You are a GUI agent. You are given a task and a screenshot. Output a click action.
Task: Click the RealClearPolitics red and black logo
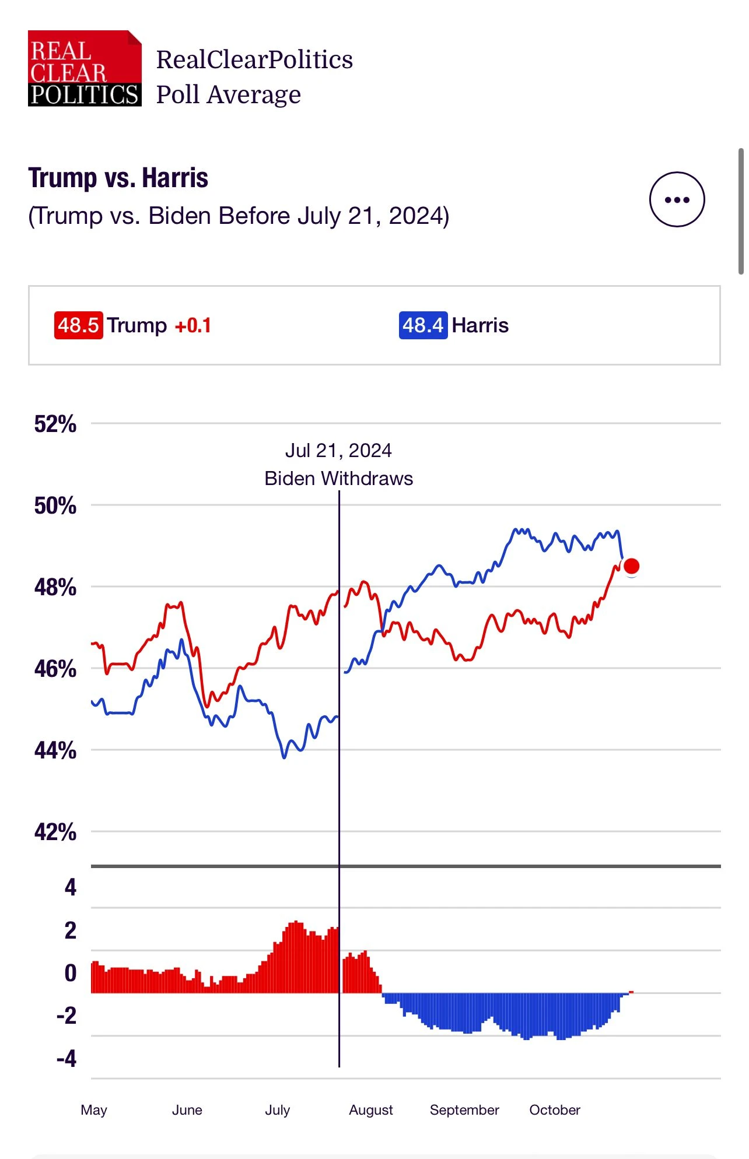click(85, 68)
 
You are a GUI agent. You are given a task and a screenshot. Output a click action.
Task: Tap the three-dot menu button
click(677, 199)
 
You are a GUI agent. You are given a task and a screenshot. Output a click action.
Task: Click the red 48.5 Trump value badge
click(78, 325)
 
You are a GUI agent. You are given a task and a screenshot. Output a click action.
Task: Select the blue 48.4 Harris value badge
click(423, 325)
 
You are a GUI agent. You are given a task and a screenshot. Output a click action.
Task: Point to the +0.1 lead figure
click(193, 325)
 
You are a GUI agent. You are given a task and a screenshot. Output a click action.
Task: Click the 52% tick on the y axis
click(55, 424)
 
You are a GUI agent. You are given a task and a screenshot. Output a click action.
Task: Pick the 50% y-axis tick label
click(55, 505)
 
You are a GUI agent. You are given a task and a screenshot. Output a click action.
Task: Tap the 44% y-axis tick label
click(55, 750)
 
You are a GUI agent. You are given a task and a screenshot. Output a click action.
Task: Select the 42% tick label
click(55, 832)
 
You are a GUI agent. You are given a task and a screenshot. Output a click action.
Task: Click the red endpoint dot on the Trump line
click(631, 566)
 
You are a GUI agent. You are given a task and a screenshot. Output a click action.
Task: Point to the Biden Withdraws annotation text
click(338, 479)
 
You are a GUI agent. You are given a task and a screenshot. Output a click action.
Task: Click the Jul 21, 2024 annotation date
click(338, 451)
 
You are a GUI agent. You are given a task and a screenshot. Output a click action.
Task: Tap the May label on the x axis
click(94, 1110)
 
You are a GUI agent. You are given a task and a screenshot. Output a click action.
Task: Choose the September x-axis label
click(464, 1110)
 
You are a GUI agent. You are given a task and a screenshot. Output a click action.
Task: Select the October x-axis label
click(555, 1110)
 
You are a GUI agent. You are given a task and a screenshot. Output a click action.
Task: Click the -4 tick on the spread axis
click(66, 1058)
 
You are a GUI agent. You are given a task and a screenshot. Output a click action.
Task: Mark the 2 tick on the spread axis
click(70, 930)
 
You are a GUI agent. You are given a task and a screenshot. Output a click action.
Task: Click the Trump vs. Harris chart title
click(118, 178)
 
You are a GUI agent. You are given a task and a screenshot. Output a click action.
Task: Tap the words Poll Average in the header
click(229, 94)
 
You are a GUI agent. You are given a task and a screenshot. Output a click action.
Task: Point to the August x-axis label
click(371, 1110)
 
